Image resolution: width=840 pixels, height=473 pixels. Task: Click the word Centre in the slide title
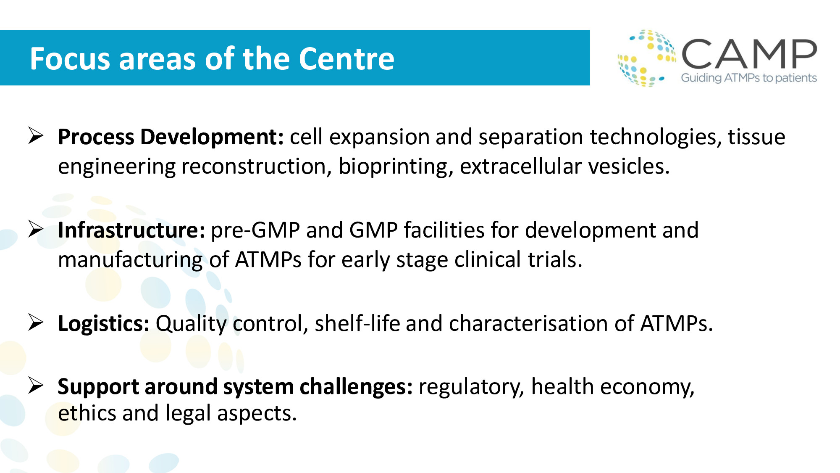[x=346, y=58]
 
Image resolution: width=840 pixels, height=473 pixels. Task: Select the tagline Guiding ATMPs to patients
[x=749, y=78]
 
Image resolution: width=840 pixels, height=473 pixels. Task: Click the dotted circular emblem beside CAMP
[x=647, y=58]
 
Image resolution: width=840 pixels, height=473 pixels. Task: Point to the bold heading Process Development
[x=171, y=137]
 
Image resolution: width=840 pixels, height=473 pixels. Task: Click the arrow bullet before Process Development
[x=36, y=135]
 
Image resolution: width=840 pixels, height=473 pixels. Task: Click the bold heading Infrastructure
[x=131, y=230]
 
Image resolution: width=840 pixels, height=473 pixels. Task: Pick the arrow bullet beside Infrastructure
[x=36, y=229]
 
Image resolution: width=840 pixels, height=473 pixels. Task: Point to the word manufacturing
[x=131, y=260]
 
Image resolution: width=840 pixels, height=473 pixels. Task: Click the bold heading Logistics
[x=104, y=324]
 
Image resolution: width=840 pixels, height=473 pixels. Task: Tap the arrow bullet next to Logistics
[x=36, y=322]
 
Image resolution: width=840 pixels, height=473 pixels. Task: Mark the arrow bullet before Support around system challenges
[x=36, y=386]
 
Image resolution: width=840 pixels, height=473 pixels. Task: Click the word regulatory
[x=472, y=387]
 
